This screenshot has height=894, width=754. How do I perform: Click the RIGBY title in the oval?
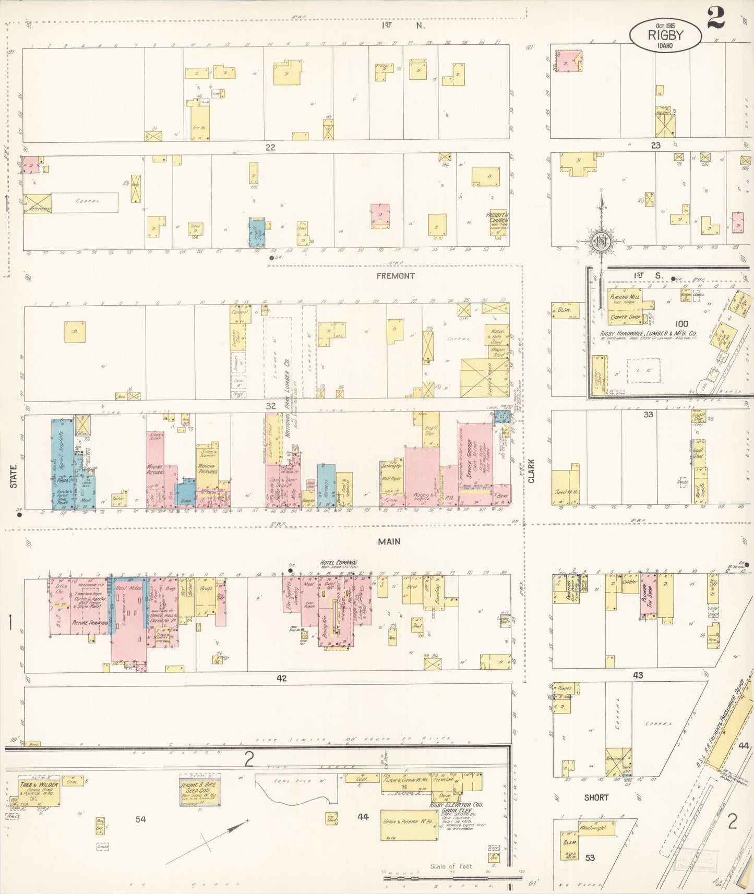coord(666,35)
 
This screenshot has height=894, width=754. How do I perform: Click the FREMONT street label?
coord(396,276)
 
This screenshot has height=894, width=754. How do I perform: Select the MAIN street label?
coord(389,541)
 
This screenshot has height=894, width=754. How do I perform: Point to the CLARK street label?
coord(532,470)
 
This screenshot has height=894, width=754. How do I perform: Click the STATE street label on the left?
coord(14,476)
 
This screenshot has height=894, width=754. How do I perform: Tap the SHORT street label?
coord(596,798)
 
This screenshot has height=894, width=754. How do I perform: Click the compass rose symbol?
coord(601,240)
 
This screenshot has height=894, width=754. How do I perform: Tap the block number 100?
coord(681,324)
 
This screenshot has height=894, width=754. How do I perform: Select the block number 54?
coord(140,819)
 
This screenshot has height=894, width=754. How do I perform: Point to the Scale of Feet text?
coord(451,866)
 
